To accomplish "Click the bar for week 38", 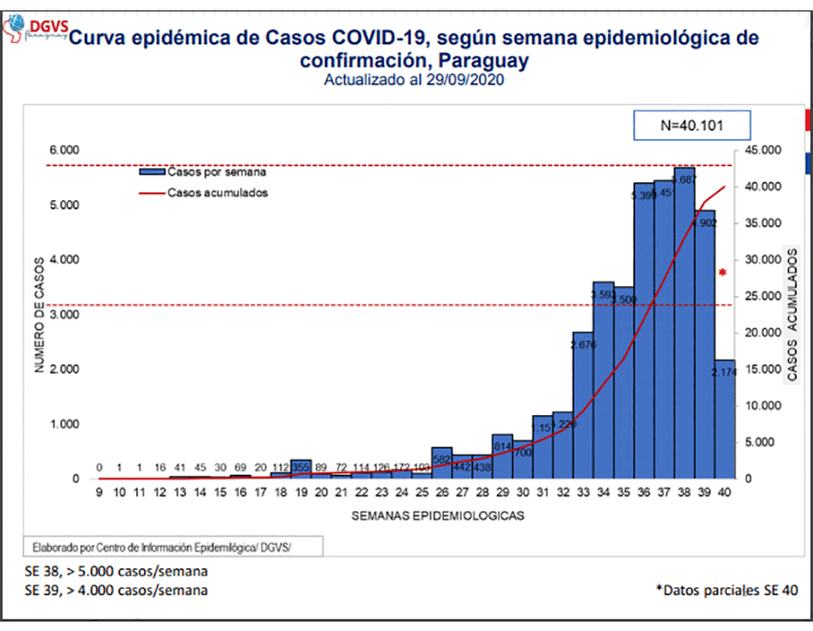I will pos(685,323).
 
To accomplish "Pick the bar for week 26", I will pos(442,463).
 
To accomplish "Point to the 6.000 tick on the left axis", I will pos(64,150).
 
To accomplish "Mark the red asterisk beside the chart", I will pos(722,273).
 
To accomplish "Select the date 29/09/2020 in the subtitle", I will pos(464,80).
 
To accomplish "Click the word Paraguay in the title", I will pos(478,61).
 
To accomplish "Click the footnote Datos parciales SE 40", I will pos(727,590).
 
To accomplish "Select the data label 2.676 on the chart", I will pos(584,344).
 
